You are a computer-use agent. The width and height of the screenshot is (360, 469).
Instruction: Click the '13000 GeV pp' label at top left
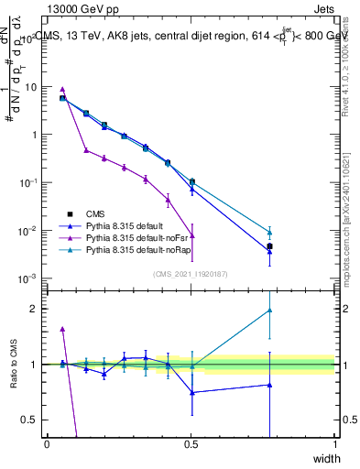point(75,9)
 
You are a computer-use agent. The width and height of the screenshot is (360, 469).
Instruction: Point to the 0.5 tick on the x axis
point(191,445)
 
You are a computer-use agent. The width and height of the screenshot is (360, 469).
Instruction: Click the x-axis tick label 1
point(335,445)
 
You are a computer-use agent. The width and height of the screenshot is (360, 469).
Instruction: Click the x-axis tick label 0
point(48,445)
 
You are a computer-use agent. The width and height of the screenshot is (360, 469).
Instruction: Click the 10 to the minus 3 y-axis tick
point(27,278)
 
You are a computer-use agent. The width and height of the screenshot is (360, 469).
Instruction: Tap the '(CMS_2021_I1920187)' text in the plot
point(191,273)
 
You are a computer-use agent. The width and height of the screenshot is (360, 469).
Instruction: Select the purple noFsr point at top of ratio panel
point(62,328)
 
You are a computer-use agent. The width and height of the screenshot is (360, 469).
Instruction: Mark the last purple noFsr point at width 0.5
point(192,234)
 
